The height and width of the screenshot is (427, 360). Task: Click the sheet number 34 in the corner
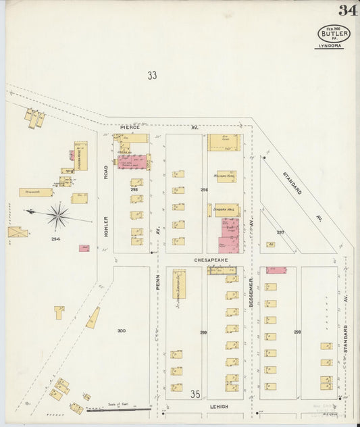(x=348, y=10)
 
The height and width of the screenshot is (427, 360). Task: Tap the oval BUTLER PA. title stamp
(x=334, y=33)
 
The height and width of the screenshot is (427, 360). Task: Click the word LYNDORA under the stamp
(x=332, y=46)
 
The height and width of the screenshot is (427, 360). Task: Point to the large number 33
(x=152, y=76)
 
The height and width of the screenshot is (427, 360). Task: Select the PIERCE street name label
(x=130, y=127)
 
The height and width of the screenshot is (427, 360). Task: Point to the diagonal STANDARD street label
(x=292, y=182)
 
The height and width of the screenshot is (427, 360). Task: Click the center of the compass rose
(x=59, y=216)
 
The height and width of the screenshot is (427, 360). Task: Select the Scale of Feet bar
(x=118, y=409)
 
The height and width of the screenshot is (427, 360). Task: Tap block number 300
(x=121, y=330)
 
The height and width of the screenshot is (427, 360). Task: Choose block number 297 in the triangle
(x=280, y=232)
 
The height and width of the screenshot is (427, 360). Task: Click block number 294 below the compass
(x=55, y=239)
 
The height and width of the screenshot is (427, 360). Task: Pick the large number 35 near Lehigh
(x=196, y=394)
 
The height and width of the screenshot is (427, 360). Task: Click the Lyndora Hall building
(x=227, y=210)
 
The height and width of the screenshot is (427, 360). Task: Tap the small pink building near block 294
(x=84, y=249)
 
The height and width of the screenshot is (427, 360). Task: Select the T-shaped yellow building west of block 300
(x=59, y=311)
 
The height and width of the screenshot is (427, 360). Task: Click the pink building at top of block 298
(x=276, y=270)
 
